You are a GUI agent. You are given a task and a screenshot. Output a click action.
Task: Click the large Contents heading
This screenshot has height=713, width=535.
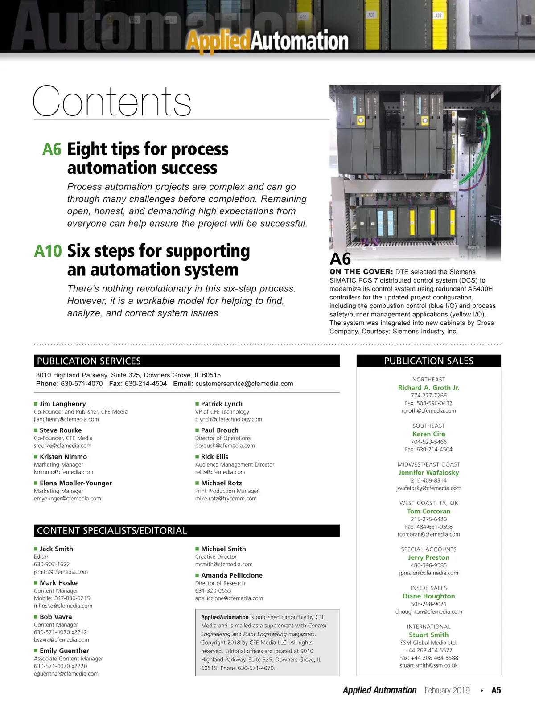tap(112, 102)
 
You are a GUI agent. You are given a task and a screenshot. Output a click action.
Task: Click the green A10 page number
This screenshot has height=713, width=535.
tap(48, 251)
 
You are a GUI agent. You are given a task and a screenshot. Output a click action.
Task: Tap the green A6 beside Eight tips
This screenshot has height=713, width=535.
tap(52, 149)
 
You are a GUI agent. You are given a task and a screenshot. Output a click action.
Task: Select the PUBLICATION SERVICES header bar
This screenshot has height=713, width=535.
tap(186, 361)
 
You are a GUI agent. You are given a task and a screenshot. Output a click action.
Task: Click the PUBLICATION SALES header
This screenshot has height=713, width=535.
tap(428, 361)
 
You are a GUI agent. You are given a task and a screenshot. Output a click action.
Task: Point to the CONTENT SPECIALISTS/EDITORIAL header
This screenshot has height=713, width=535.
tap(186, 531)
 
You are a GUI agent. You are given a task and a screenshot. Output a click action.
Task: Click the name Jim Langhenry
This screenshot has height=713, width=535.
tap(62, 404)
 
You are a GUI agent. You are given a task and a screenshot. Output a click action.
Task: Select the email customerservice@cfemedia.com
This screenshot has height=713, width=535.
tap(244, 384)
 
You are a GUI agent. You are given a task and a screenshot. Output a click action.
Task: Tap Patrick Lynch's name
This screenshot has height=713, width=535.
tap(222, 404)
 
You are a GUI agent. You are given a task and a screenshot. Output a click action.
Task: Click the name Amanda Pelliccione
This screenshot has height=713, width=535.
tap(231, 575)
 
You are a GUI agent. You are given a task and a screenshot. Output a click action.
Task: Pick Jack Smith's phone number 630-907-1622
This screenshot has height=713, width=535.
tap(52, 564)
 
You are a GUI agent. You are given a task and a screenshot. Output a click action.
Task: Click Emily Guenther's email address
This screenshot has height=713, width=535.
tap(66, 674)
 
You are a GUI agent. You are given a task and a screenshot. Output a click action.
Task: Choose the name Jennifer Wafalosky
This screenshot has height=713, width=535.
tap(428, 473)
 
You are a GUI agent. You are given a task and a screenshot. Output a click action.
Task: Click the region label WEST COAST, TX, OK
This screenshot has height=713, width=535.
tap(428, 503)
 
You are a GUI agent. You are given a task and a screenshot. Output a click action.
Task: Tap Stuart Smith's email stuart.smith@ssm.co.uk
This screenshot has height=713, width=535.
tap(428, 665)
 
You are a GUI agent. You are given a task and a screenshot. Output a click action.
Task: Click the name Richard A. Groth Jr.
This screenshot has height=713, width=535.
tap(428, 388)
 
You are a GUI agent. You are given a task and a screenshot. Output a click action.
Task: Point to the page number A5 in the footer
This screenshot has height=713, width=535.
tap(496, 690)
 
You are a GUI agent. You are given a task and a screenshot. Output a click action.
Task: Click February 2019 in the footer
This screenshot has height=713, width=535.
tap(447, 690)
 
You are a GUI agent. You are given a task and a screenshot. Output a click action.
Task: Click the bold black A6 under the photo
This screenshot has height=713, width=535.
tap(340, 259)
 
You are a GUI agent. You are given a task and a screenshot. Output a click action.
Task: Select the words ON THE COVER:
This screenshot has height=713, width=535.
tap(361, 272)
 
